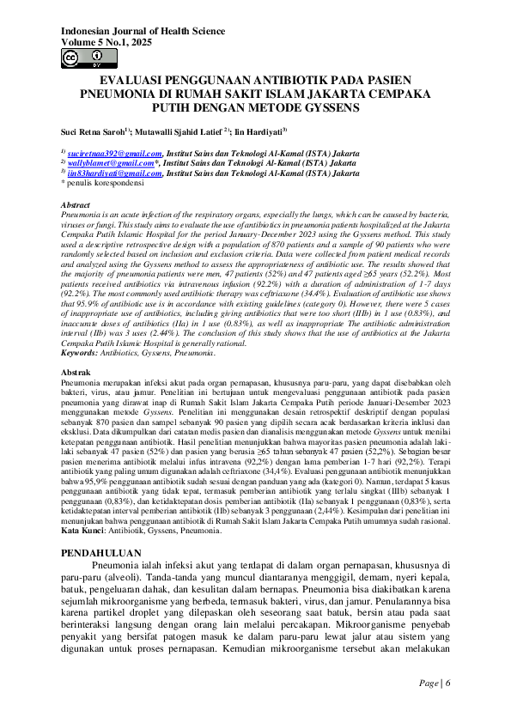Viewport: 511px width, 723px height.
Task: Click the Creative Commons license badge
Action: point(83,58)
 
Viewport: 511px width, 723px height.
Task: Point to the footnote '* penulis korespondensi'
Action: point(102,183)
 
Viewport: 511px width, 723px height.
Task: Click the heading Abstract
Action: point(76,206)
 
